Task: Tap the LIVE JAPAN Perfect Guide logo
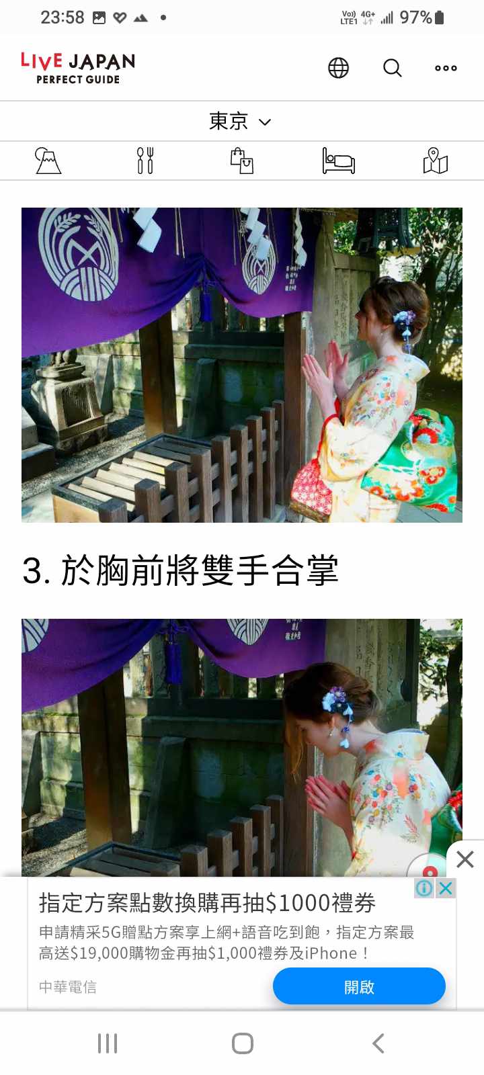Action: coord(78,68)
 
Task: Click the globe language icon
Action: coord(339,68)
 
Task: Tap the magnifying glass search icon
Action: coord(393,68)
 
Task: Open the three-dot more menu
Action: coord(446,68)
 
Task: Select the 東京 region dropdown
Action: coord(240,121)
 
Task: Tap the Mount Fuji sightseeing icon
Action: coord(48,161)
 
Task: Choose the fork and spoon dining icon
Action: coord(145,161)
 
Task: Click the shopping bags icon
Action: coord(242,161)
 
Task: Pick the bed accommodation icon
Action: coord(339,161)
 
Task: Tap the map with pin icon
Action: coord(436,161)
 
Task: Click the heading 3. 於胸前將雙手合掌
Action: coord(181,570)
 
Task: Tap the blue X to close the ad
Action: coord(446,888)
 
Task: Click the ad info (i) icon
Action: coord(424,888)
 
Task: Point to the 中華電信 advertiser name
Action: coord(68,987)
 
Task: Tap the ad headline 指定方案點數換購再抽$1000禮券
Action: coord(207,903)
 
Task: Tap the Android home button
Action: coord(243,1043)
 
